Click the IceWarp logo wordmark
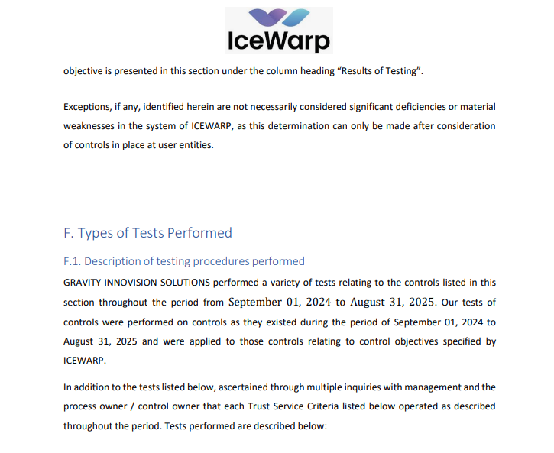[279, 40]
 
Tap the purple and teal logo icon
[279, 18]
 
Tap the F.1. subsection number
[73, 261]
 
